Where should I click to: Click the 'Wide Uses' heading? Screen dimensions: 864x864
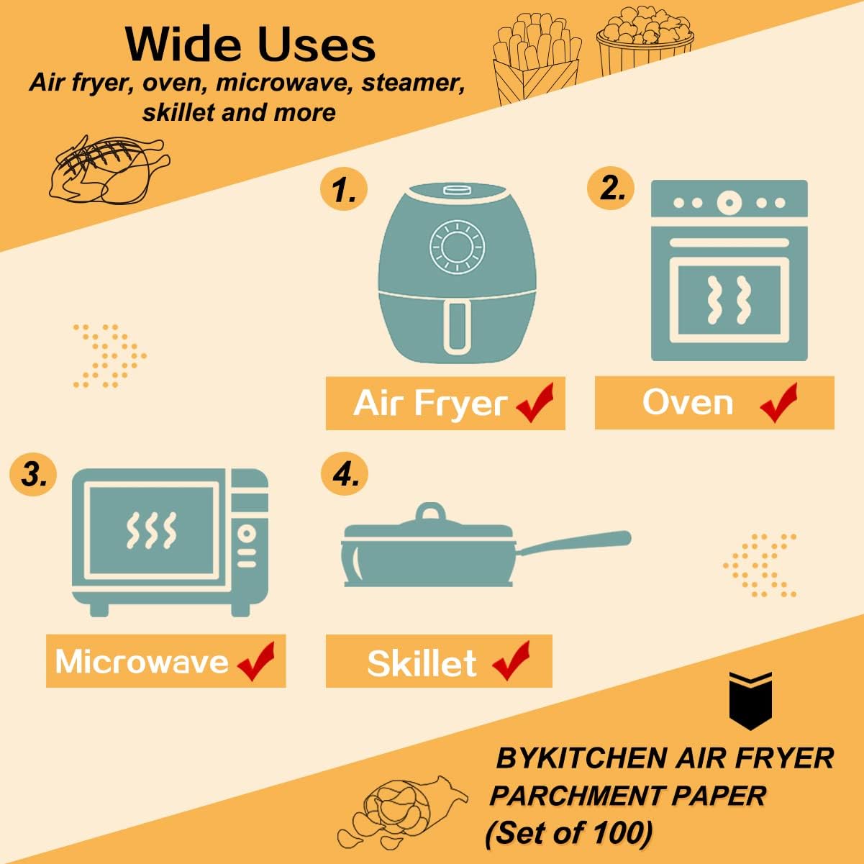pos(250,45)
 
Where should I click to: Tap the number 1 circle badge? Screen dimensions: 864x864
pos(343,191)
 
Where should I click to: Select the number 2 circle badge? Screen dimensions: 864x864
pos(611,188)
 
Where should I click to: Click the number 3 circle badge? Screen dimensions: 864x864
pos(33,475)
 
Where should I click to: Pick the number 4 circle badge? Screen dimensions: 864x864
pos(344,474)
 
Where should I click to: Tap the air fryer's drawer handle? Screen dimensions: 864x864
pos(457,327)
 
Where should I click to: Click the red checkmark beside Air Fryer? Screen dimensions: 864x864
pos(535,403)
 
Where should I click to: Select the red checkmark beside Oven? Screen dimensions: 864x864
pos(779,403)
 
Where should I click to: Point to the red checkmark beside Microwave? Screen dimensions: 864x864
pos(256,661)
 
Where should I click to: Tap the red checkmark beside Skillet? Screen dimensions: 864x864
pos(511,660)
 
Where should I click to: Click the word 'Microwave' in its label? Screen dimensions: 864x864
pos(141,661)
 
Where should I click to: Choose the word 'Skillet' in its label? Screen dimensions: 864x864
pos(422,663)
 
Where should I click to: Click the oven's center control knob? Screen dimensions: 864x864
pos(729,203)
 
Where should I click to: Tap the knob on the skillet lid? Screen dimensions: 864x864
pos(430,513)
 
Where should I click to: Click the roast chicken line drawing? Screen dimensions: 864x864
pos(108,170)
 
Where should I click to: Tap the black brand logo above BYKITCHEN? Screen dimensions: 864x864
pos(750,700)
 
